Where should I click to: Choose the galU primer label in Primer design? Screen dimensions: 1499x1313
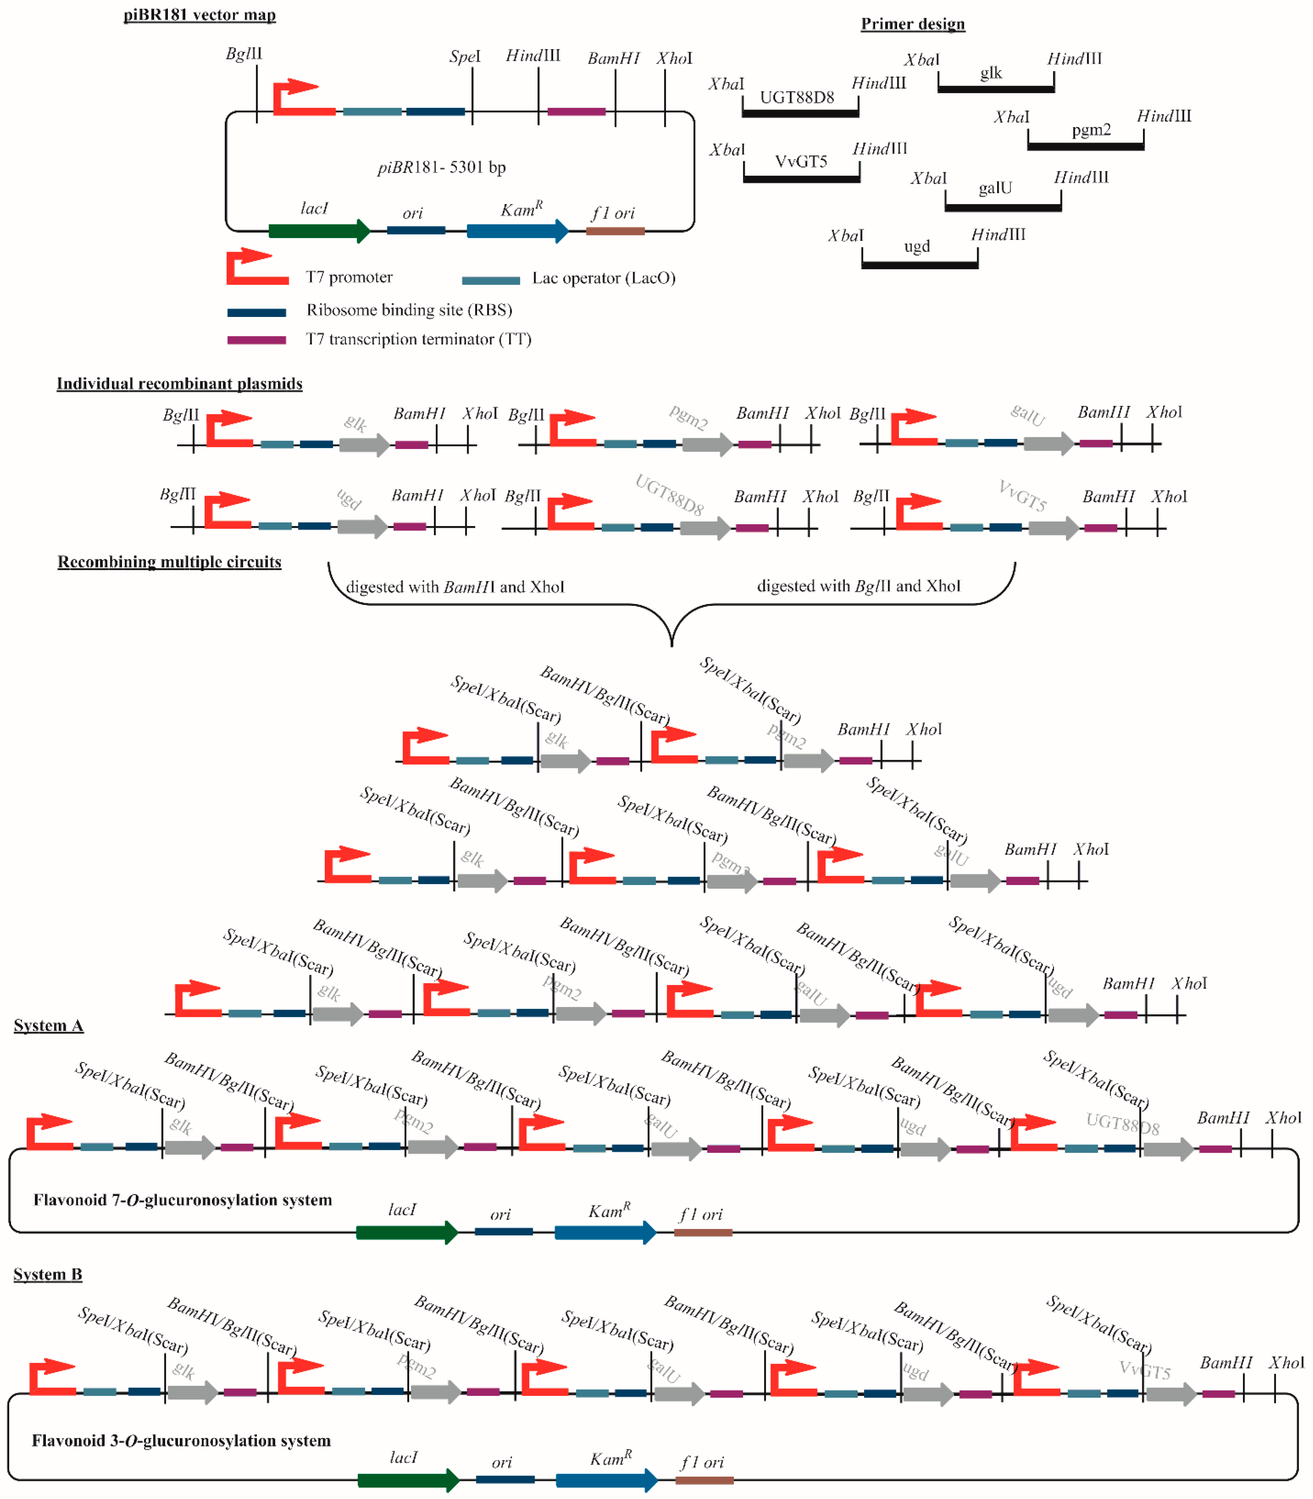pyautogui.click(x=995, y=188)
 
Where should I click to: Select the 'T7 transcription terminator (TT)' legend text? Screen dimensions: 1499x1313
pyautogui.click(x=418, y=339)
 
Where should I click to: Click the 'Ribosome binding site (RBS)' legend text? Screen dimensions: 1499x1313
pyautogui.click(x=409, y=310)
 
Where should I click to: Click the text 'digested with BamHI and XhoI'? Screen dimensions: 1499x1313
pyautogui.click(x=455, y=587)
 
